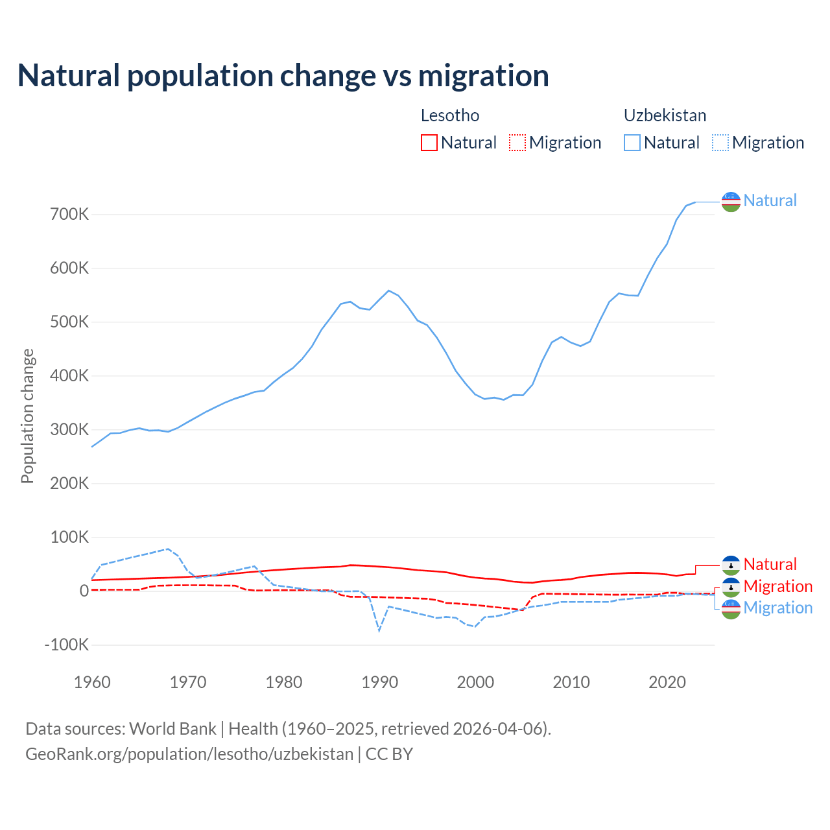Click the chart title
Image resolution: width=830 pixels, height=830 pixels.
click(x=283, y=76)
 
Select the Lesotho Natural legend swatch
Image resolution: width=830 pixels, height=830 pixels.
click(x=429, y=143)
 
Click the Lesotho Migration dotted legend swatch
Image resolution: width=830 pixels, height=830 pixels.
click(x=517, y=143)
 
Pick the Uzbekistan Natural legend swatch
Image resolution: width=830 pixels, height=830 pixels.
click(x=632, y=143)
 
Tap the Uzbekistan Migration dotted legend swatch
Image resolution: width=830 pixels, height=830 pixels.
click(x=720, y=143)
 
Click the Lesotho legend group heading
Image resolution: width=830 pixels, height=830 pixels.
click(x=450, y=115)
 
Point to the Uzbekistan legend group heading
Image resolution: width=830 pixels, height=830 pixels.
click(x=665, y=115)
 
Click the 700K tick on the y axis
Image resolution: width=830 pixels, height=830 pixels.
click(x=69, y=215)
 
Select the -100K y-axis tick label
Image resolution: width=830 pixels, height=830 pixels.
click(x=66, y=645)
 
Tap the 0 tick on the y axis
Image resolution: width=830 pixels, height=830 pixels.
click(x=84, y=591)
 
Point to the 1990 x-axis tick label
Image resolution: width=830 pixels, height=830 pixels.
click(x=380, y=682)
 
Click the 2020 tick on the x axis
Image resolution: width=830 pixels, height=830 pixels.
click(x=667, y=682)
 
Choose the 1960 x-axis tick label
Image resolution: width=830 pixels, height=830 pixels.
click(x=93, y=682)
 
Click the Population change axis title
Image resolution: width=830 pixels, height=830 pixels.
click(x=27, y=416)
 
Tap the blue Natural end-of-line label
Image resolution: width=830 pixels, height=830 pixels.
click(x=770, y=200)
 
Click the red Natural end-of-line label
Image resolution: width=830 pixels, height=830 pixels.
click(x=770, y=564)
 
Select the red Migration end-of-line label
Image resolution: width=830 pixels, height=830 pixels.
click(x=777, y=586)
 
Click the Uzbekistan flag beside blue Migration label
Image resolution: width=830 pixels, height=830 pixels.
click(x=731, y=609)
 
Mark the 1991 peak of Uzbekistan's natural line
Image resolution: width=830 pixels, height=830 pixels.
click(x=389, y=290)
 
